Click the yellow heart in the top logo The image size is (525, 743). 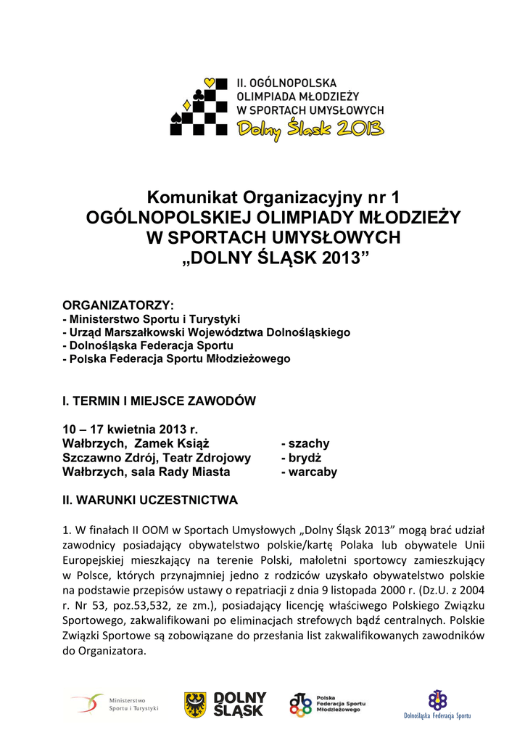pos(210,83)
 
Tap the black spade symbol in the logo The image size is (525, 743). pos(176,117)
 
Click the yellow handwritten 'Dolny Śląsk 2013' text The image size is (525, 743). pos(312,130)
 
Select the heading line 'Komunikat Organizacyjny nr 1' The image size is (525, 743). pos(273,197)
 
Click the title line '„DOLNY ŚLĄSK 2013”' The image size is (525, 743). pos(273,258)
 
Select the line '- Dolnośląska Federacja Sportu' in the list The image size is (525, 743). pos(148,345)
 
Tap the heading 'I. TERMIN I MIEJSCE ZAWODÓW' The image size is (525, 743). pos(160,400)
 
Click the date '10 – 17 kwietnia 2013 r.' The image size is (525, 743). pos(131,429)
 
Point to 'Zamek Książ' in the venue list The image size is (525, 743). pos(172,443)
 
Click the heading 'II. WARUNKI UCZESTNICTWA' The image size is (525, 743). pos(150,500)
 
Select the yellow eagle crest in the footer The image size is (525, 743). pos(195,704)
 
